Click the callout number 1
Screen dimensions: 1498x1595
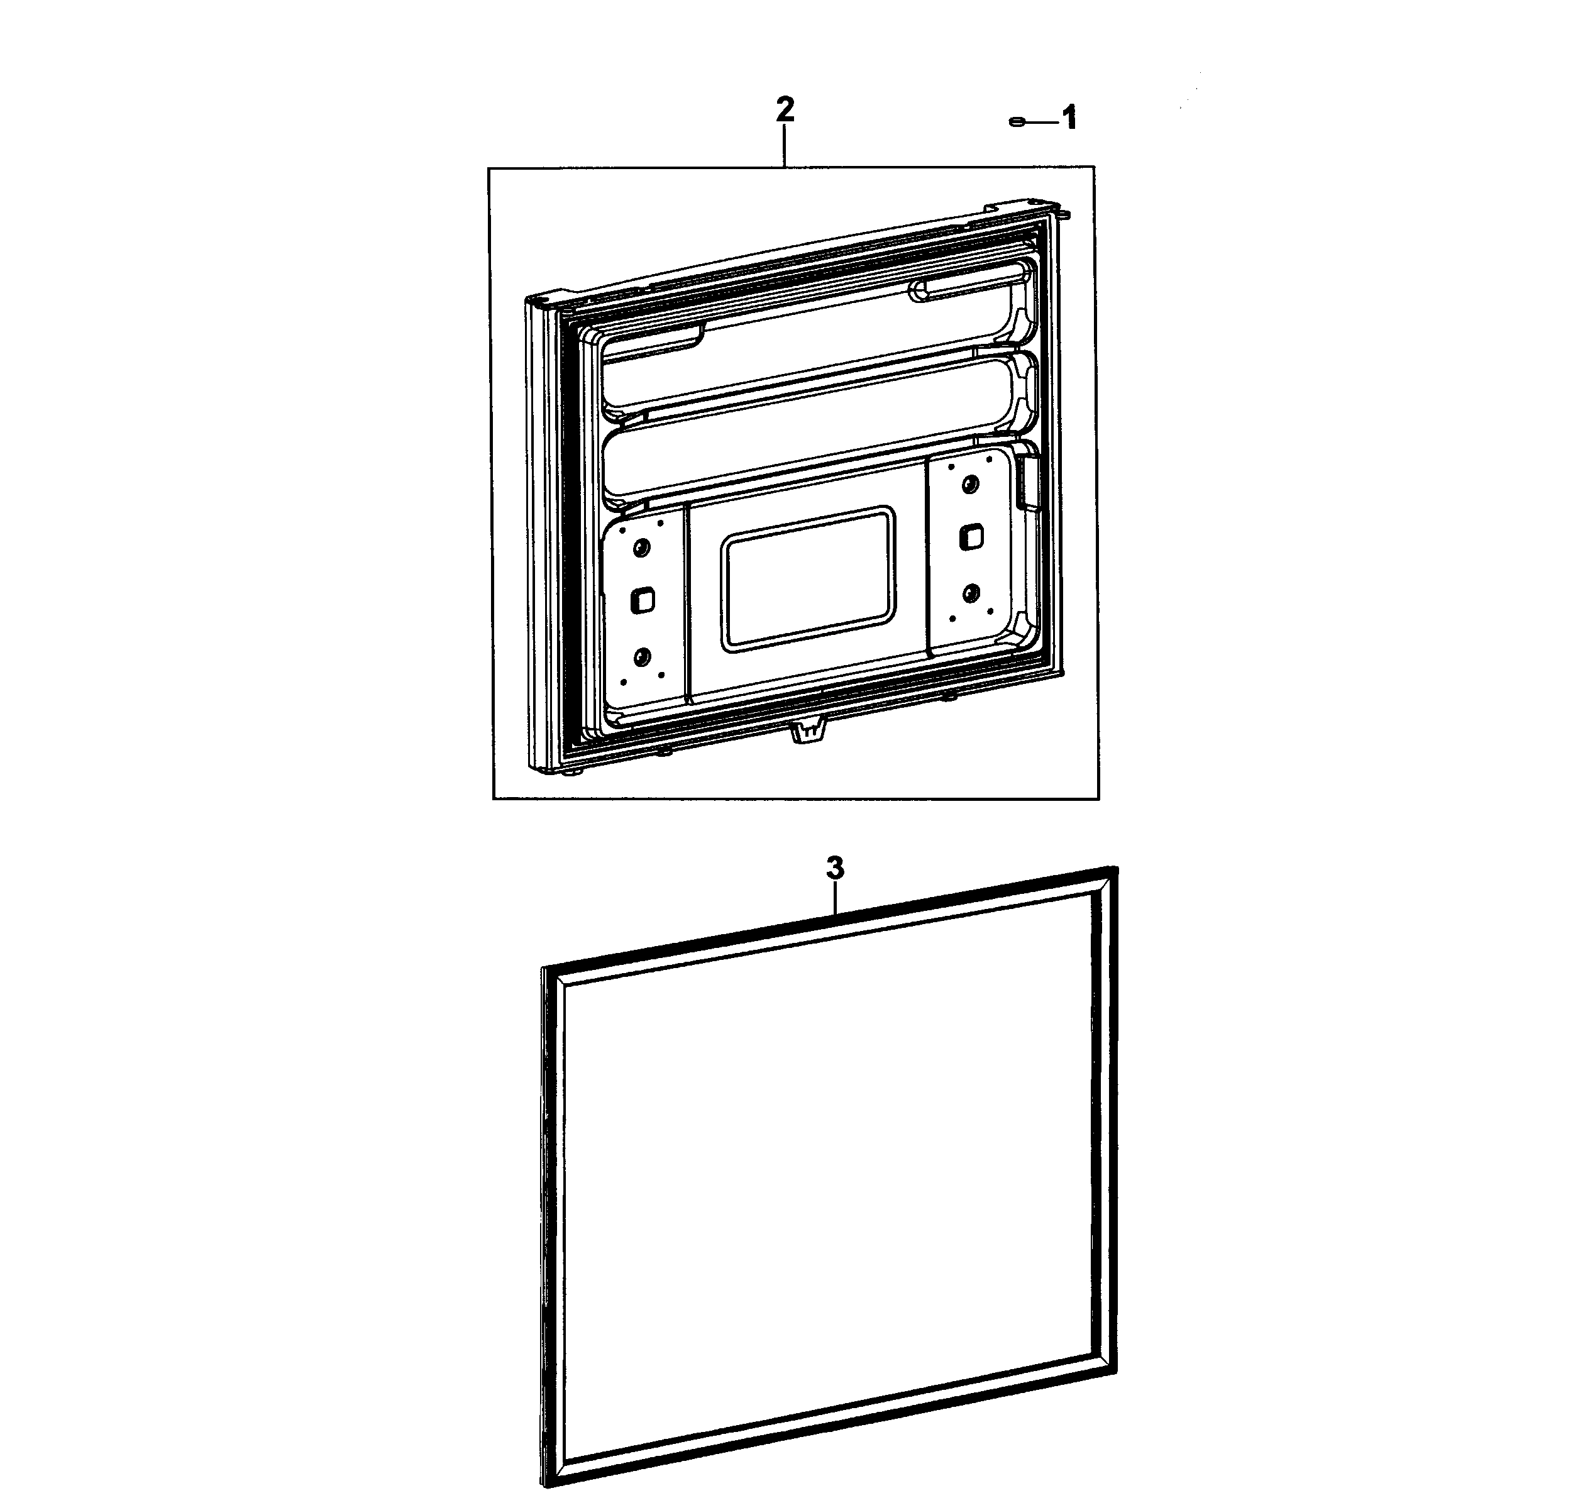click(1069, 119)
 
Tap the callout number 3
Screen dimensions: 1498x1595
click(835, 868)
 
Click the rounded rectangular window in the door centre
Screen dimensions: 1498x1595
click(808, 578)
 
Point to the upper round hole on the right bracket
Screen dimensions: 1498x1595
click(970, 484)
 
